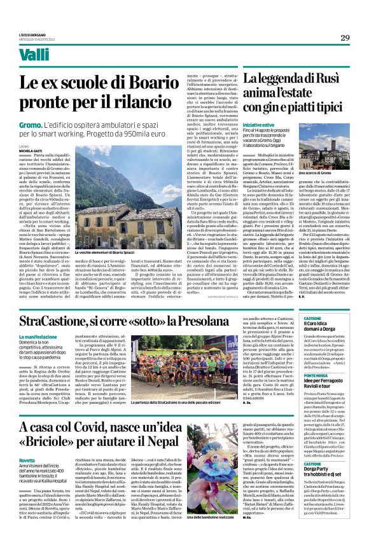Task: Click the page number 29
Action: [x=344, y=37]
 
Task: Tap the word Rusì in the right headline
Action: [x=331, y=81]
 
